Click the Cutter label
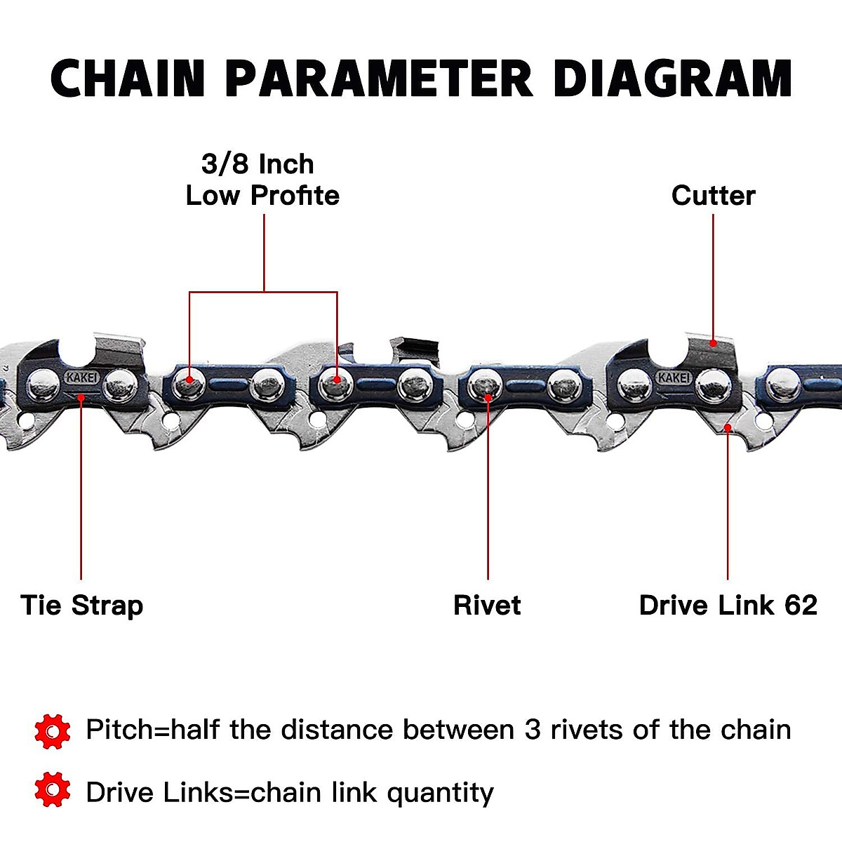point(713,196)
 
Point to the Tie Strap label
point(82,606)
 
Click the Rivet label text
point(487,606)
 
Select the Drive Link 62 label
point(728,606)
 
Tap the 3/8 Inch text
point(258,164)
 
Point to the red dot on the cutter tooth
point(713,343)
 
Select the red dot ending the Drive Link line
point(728,427)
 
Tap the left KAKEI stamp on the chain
point(83,377)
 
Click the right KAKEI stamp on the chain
point(674,377)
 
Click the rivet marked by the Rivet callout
point(485,385)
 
